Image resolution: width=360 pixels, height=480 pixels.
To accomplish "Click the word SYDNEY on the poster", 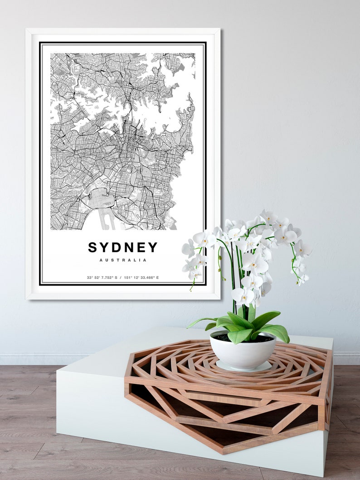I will point(122,247).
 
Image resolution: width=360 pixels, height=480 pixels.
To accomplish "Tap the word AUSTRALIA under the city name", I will point(122,260).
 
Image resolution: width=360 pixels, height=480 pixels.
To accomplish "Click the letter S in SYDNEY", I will point(93,247).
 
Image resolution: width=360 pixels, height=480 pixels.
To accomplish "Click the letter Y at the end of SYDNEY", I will point(153,247).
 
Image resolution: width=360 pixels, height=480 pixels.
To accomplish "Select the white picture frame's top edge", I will point(122,31).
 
